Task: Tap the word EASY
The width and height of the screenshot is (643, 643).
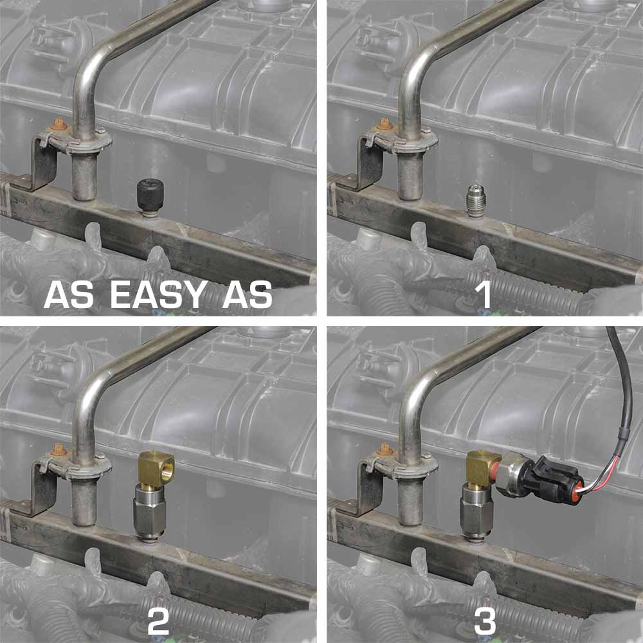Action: click(158, 294)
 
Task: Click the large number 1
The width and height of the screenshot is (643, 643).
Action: click(483, 294)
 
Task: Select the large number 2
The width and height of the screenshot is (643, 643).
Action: click(158, 621)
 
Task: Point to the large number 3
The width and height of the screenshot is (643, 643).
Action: click(485, 621)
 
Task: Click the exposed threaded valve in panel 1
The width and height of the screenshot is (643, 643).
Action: click(476, 201)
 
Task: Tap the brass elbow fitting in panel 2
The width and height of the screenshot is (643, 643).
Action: click(157, 467)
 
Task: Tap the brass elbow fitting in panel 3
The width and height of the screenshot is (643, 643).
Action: click(482, 466)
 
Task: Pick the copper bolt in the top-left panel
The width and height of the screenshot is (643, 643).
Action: click(59, 123)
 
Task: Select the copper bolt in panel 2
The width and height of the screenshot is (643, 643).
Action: click(59, 449)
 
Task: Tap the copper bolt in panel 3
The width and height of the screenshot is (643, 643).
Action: click(385, 449)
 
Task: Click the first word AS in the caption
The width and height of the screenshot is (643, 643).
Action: click(69, 294)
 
